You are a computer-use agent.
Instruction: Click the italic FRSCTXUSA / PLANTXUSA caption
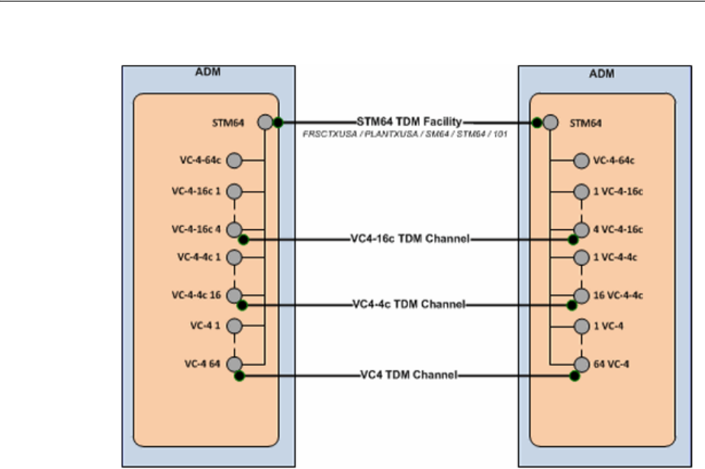coord(404,134)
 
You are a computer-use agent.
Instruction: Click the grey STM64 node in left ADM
coord(264,122)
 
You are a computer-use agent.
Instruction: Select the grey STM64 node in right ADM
coord(551,122)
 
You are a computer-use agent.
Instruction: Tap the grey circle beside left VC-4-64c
coord(234,160)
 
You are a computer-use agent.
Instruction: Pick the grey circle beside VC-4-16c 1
coord(234,192)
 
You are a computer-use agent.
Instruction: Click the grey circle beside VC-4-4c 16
coord(234,295)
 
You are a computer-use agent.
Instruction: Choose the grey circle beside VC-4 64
coord(234,364)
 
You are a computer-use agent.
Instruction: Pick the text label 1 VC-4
coord(610,326)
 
